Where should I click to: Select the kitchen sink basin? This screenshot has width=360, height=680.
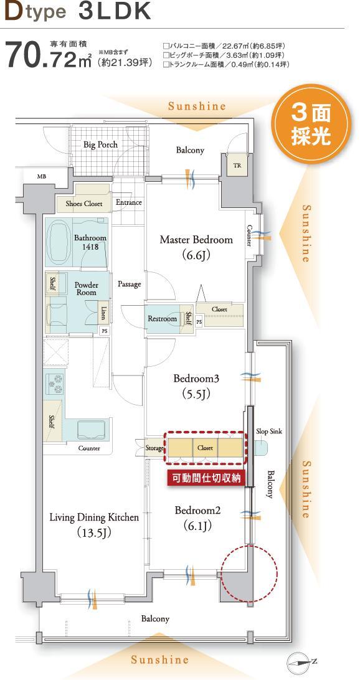(90, 430)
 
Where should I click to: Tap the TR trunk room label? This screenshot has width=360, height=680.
(237, 166)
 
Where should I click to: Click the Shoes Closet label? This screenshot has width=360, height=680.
(84, 204)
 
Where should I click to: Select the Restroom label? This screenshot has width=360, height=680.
(162, 319)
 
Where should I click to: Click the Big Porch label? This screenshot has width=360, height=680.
(100, 144)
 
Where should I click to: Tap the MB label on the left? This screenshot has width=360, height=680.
(41, 176)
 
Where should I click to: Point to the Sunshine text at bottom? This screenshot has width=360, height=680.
(159, 659)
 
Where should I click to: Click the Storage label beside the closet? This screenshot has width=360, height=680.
(154, 448)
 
